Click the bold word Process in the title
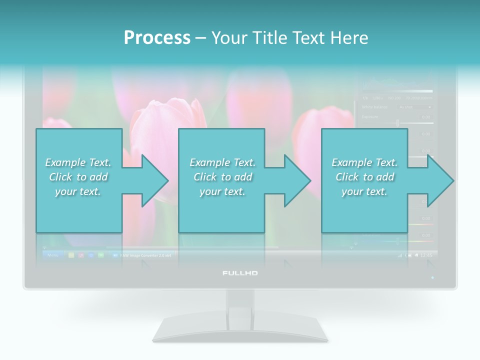[157, 37]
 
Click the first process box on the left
[78, 180]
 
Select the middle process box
[221, 180]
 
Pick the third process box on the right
[364, 180]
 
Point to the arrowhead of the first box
[155, 180]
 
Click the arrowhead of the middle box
[298, 180]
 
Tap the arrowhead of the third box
[441, 180]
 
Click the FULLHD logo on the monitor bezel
[240, 273]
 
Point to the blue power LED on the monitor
[432, 277]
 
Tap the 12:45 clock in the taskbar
[426, 255]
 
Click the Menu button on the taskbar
[52, 255]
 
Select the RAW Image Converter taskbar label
[145, 255]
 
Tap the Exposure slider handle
[397, 122]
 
